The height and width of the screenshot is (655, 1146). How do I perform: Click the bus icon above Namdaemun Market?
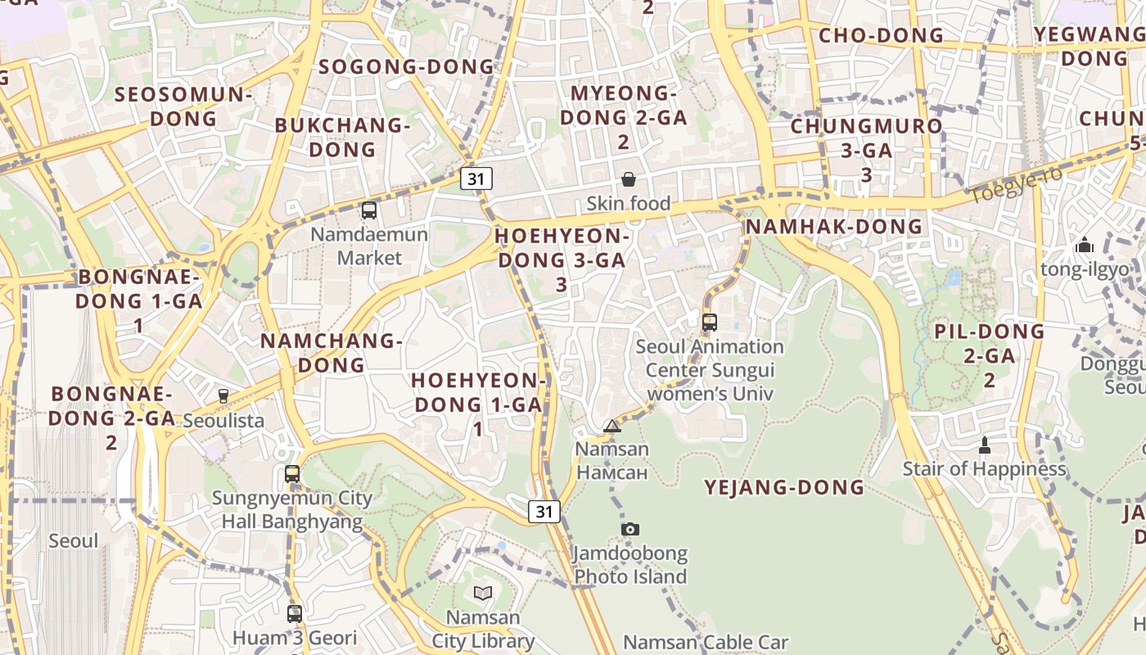tap(369, 210)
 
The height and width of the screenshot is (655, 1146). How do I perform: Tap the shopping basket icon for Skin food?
tap(629, 179)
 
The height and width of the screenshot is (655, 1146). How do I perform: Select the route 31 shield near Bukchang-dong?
tap(476, 178)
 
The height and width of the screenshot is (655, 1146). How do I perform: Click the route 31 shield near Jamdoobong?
tap(544, 512)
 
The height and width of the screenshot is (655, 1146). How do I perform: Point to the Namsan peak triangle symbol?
tap(612, 426)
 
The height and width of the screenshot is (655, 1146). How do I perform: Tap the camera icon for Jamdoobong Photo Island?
tap(629, 530)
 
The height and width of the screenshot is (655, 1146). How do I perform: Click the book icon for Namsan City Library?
tap(483, 593)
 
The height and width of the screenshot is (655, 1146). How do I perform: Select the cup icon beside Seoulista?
tap(223, 396)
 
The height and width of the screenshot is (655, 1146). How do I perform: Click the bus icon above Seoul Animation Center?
tap(710, 322)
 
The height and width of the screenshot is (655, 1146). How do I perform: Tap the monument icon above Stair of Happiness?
tap(985, 445)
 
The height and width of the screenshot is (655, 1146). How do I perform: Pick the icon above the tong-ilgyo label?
tap(1085, 245)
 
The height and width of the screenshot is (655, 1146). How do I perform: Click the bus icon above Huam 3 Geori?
tap(295, 613)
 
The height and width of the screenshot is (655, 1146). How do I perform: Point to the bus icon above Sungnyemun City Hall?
tap(292, 474)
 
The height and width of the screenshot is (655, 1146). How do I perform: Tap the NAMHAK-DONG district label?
tap(834, 227)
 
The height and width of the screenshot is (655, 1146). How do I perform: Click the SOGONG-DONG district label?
tap(407, 67)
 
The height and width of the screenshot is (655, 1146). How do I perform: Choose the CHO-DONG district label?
tap(881, 35)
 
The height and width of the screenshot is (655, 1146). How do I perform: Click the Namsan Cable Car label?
tap(706, 643)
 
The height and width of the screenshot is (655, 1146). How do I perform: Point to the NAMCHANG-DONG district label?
tap(332, 352)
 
